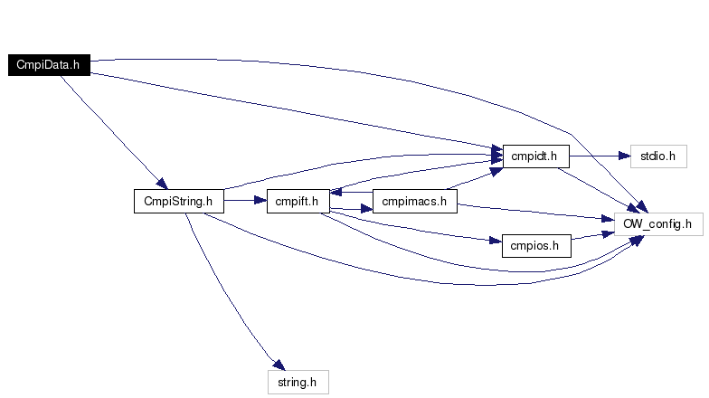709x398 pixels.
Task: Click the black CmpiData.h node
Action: (x=49, y=65)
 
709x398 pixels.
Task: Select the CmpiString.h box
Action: (x=179, y=201)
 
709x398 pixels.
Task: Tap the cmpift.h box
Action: (x=298, y=201)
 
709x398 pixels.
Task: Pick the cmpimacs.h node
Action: (x=414, y=201)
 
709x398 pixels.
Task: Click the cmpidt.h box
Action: (x=535, y=156)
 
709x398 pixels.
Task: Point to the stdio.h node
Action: (x=658, y=156)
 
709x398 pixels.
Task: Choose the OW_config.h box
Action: (x=658, y=224)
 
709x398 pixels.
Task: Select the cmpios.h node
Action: (x=536, y=246)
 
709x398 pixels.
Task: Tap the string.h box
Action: (x=298, y=382)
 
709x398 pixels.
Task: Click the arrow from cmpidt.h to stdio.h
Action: (x=600, y=156)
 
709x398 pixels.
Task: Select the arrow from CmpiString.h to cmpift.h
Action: (x=245, y=200)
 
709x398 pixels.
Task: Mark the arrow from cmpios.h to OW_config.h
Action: (x=593, y=235)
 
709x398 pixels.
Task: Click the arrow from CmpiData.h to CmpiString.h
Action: (x=113, y=131)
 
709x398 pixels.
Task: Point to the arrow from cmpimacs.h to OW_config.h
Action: (x=535, y=212)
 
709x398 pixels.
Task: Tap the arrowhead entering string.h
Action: (x=279, y=365)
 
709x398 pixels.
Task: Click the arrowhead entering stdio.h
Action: (x=624, y=156)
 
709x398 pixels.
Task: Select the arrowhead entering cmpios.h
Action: (x=496, y=241)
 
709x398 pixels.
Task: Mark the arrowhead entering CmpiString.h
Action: (x=163, y=183)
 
